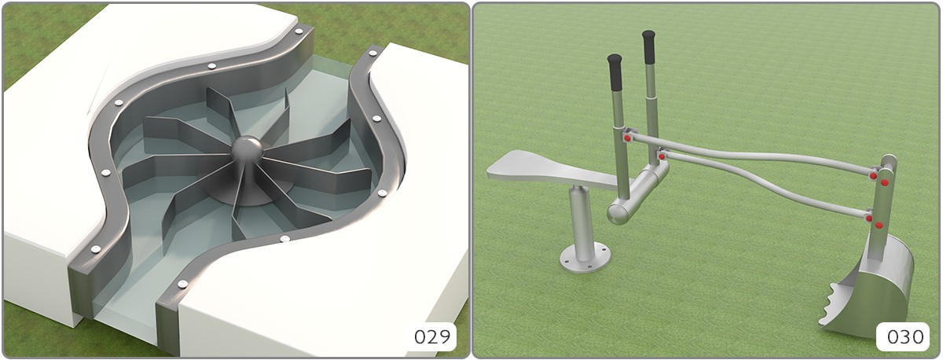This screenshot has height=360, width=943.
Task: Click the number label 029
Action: point(432,336)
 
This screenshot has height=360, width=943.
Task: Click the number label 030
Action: point(905,337)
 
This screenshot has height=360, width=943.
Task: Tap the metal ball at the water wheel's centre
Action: point(247,149)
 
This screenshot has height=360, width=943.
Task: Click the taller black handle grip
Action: point(649,46)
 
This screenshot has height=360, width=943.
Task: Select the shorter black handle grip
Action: point(615,72)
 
